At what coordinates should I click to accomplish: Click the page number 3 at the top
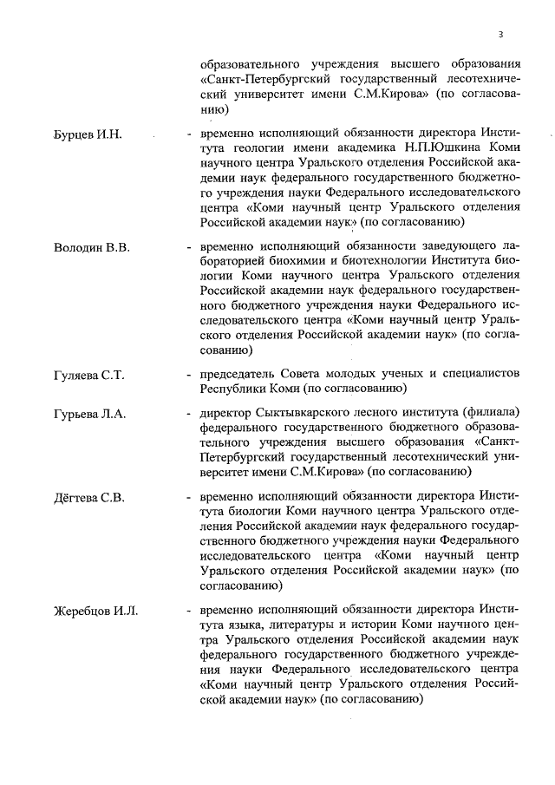pyautogui.click(x=500, y=35)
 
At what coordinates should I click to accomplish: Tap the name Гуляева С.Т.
pyautogui.click(x=87, y=375)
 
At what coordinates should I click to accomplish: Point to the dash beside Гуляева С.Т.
pyautogui.click(x=188, y=375)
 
